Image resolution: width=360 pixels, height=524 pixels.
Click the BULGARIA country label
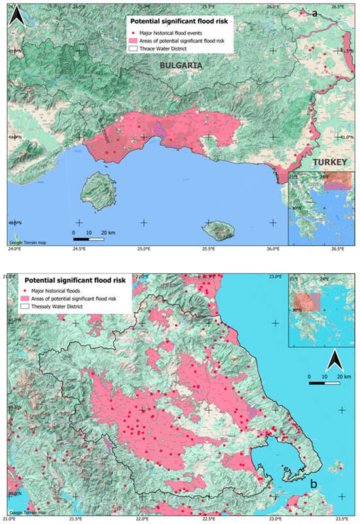[x=178, y=66]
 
